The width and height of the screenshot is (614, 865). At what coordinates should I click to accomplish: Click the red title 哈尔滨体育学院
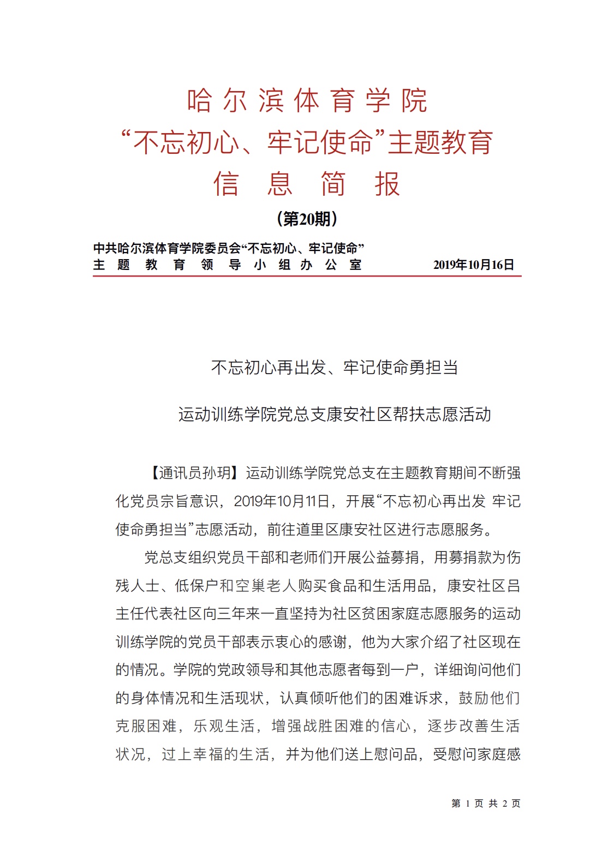click(307, 101)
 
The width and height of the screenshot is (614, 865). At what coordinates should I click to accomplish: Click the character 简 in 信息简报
click(333, 184)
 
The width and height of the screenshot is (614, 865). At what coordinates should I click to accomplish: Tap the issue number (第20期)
click(307, 219)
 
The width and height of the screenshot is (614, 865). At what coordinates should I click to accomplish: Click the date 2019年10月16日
click(473, 265)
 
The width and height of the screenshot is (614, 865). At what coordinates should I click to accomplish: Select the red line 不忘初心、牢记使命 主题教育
click(307, 142)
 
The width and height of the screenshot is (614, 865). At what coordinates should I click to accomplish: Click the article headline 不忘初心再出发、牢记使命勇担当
click(334, 368)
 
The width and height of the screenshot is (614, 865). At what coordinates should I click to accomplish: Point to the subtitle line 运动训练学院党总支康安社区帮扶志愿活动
click(334, 415)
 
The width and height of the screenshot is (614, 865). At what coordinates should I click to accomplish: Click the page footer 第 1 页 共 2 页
click(486, 803)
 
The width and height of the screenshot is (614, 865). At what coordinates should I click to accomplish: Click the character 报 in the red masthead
click(387, 184)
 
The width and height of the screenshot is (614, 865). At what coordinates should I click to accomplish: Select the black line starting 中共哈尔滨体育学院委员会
click(228, 249)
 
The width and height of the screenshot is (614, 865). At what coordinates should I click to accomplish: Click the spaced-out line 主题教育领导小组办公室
click(227, 265)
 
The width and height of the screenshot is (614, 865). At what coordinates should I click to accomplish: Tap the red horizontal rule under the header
click(307, 277)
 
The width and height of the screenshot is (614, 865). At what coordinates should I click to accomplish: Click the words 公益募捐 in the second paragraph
click(390, 557)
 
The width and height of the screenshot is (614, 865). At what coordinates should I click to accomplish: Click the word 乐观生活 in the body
click(224, 726)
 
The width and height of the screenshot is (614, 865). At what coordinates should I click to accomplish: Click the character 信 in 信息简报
click(226, 184)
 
